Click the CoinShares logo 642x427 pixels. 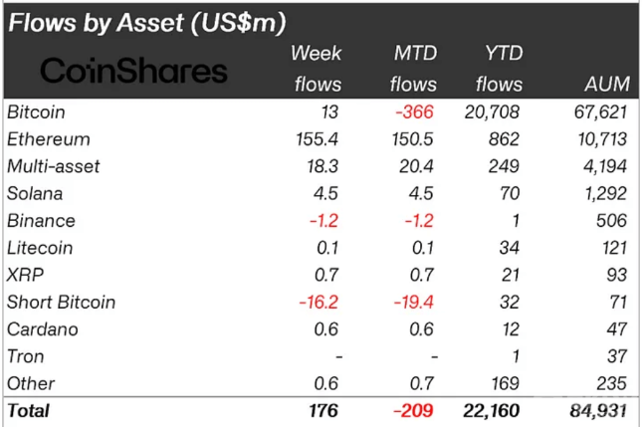(133, 71)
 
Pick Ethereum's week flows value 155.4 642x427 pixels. (319, 139)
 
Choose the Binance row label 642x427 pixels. (40, 220)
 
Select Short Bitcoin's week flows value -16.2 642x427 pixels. (319, 302)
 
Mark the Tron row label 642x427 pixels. (25, 356)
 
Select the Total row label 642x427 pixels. (29, 410)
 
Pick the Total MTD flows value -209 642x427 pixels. (413, 410)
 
